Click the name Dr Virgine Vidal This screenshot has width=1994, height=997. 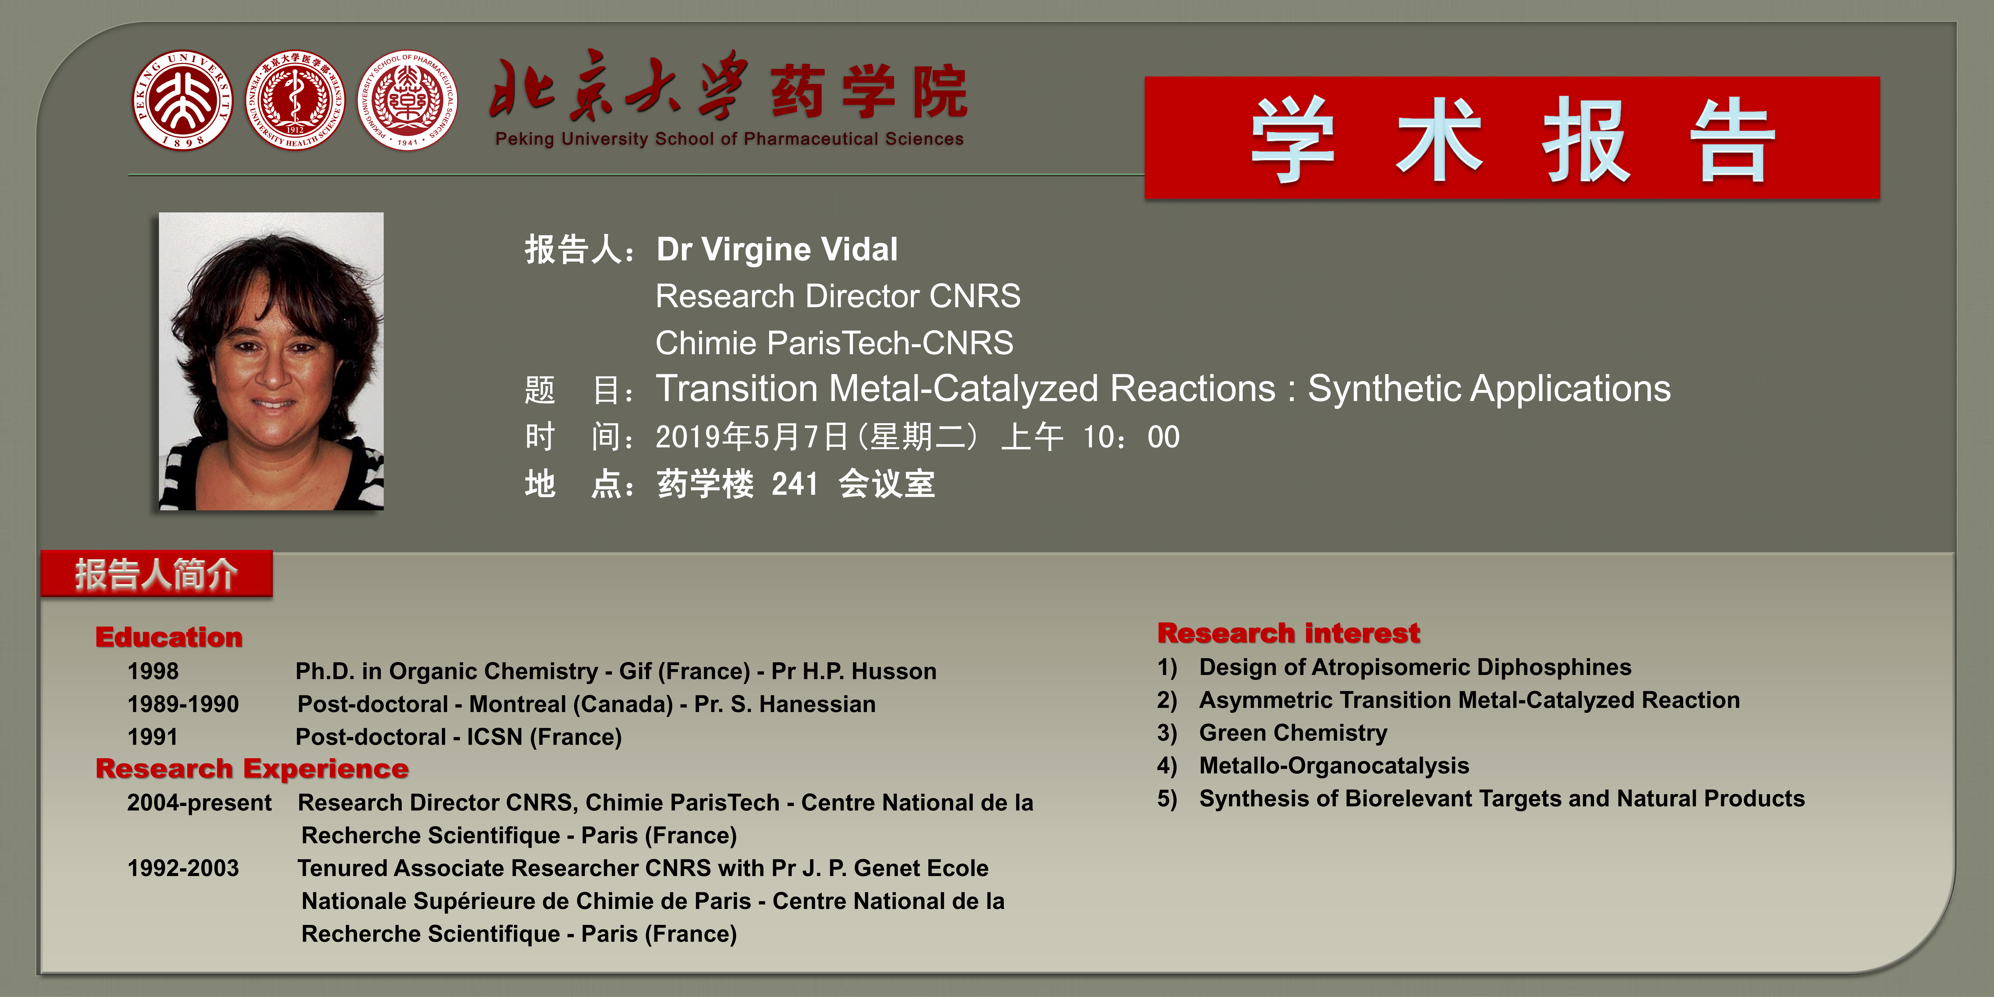click(777, 249)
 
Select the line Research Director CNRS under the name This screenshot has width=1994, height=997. click(837, 296)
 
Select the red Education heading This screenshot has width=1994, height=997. click(169, 637)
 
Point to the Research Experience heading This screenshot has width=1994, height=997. click(252, 769)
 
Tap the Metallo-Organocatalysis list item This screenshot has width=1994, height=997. click(1334, 765)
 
